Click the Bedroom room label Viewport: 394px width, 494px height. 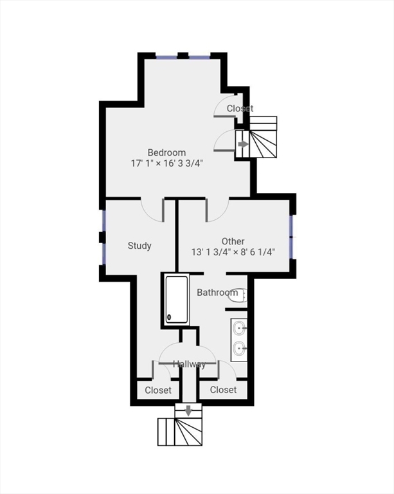point(166,152)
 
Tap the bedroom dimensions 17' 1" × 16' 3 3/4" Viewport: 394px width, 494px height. point(166,163)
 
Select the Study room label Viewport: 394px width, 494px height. point(139,246)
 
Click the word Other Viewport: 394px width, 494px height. point(233,241)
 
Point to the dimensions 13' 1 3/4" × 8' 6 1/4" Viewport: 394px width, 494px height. point(233,252)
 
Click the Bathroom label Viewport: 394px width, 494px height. point(217,293)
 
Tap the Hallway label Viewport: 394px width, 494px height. point(189,365)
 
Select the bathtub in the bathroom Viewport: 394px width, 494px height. point(175,299)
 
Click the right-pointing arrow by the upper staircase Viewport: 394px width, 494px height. point(242,144)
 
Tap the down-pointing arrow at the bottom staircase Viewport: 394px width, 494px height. point(188,410)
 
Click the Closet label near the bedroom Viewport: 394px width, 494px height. point(240,109)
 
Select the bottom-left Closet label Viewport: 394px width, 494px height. point(158,390)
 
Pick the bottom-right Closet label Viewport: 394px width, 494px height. point(223,390)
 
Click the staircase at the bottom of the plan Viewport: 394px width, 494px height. point(180,432)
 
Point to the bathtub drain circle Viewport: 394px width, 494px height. point(170,316)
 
